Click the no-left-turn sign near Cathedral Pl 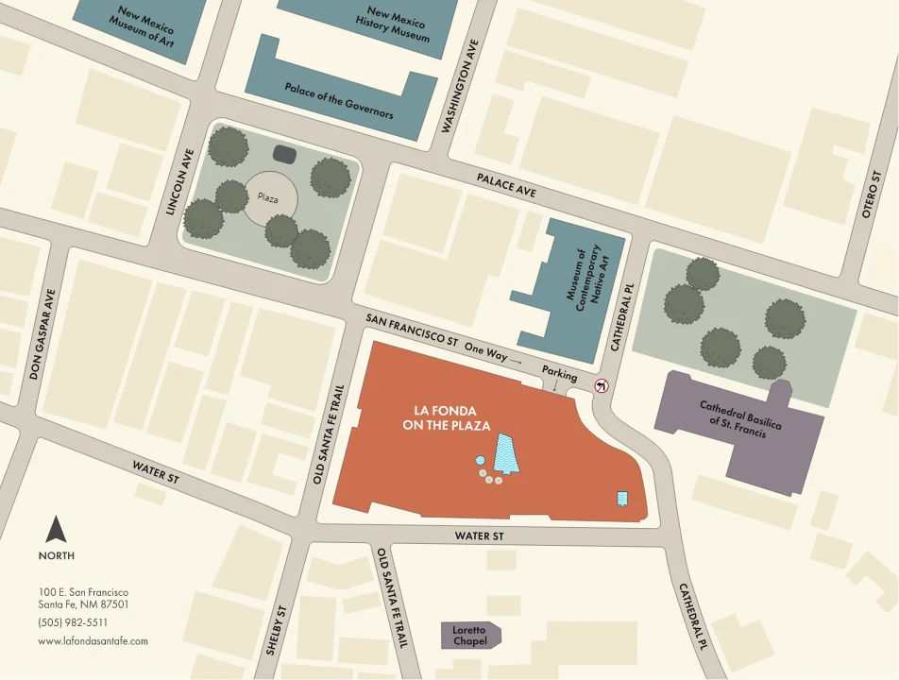(601, 385)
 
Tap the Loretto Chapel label (470, 636)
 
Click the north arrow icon (57, 530)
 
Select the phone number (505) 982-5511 (73, 622)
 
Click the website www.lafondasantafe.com (93, 640)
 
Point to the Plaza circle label (267, 197)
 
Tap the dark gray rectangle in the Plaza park (283, 153)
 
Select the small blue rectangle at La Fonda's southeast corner (622, 498)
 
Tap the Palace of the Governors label (339, 100)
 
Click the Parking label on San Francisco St (559, 376)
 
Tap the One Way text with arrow (493, 354)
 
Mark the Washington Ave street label (462, 85)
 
